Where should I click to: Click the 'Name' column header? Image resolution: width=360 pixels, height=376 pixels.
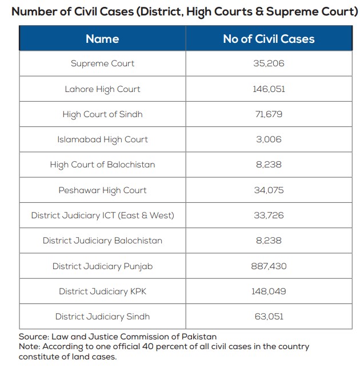[102, 39]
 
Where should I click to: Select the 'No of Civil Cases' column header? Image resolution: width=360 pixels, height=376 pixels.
[269, 39]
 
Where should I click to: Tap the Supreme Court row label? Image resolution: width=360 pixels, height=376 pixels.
[102, 63]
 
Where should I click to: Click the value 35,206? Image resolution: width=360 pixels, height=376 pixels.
[269, 63]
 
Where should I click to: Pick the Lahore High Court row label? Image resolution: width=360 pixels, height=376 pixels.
[102, 89]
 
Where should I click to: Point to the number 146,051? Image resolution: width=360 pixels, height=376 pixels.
[269, 89]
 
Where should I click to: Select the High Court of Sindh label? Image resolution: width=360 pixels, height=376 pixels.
[102, 114]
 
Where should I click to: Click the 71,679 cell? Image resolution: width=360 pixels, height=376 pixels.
[269, 114]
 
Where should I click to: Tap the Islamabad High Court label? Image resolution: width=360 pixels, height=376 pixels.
[102, 139]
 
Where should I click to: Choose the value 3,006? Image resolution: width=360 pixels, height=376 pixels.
[269, 139]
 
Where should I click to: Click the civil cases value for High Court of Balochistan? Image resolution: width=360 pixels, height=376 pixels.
[269, 165]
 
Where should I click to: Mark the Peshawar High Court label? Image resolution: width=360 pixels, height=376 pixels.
[102, 190]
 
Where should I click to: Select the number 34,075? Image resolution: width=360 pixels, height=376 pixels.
[269, 190]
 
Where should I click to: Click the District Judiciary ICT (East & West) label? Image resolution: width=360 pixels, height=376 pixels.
[102, 215]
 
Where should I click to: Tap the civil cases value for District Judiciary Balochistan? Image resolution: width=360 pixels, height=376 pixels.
[269, 241]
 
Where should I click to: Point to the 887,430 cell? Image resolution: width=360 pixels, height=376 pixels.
[269, 266]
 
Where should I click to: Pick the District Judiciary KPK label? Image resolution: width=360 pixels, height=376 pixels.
[102, 291]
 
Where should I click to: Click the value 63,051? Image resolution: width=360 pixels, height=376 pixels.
[269, 317]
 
